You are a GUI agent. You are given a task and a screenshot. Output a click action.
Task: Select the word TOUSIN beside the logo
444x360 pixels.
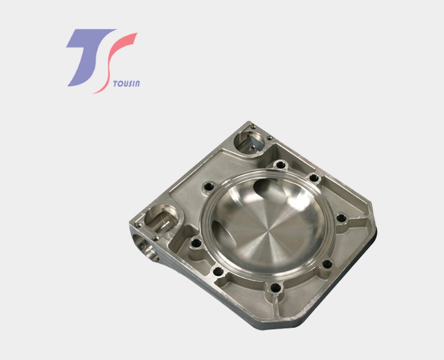(126, 84)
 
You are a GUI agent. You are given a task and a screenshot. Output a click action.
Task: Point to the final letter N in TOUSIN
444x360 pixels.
(137, 84)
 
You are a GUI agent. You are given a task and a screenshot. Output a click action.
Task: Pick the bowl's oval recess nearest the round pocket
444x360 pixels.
(269, 191)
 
